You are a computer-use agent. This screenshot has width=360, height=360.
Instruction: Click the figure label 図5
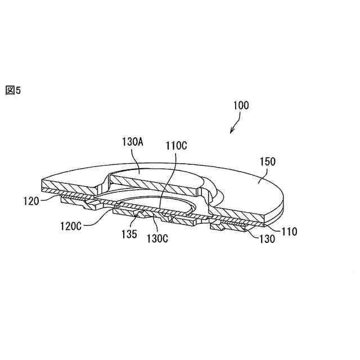pyautogui.click(x=13, y=91)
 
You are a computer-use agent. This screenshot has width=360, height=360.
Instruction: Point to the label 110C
pyautogui.click(x=176, y=145)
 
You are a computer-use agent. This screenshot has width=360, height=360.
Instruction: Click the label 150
pyautogui.click(x=267, y=161)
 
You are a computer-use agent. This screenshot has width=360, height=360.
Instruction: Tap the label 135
pyautogui.click(x=129, y=234)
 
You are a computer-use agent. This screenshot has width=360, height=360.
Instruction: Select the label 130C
pyautogui.click(x=157, y=238)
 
